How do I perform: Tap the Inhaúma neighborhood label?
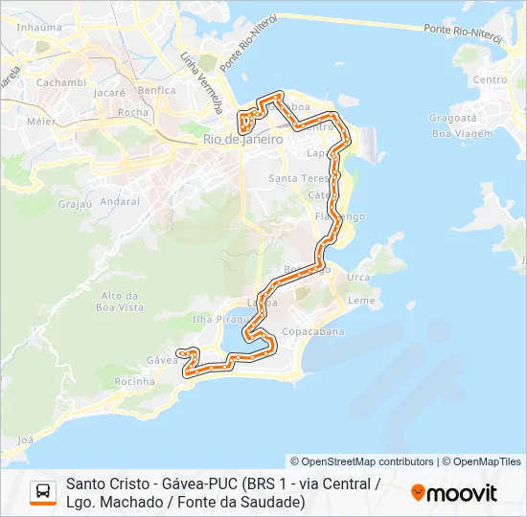coord(38,28)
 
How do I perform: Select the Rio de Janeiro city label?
coord(242,140)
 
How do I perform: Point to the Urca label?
coord(358,278)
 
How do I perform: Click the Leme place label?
coord(361,301)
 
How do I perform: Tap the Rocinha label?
coord(133,382)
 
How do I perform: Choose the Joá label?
coord(25,439)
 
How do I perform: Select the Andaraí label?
coord(120,202)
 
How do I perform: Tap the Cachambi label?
coord(60,83)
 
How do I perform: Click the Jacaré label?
coord(109,94)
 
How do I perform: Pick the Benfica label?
coord(156,91)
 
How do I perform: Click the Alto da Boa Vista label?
coord(121,302)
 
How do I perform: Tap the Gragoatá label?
coord(452,119)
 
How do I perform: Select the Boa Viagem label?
coord(454,134)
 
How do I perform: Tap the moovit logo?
coord(454,493)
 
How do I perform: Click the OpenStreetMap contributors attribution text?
coord(362,461)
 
